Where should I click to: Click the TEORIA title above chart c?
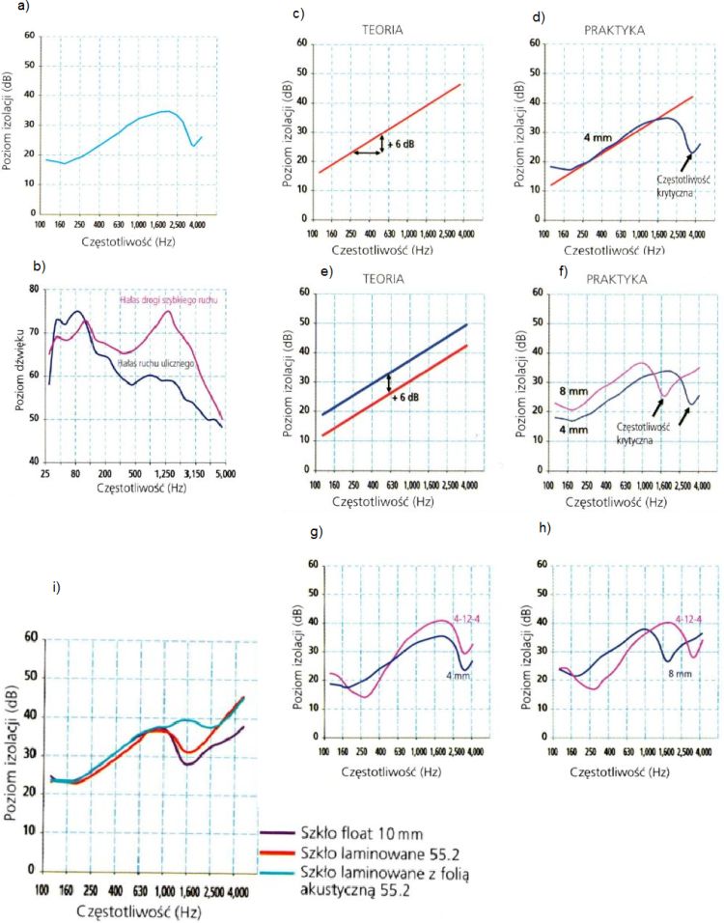pyautogui.click(x=384, y=30)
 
